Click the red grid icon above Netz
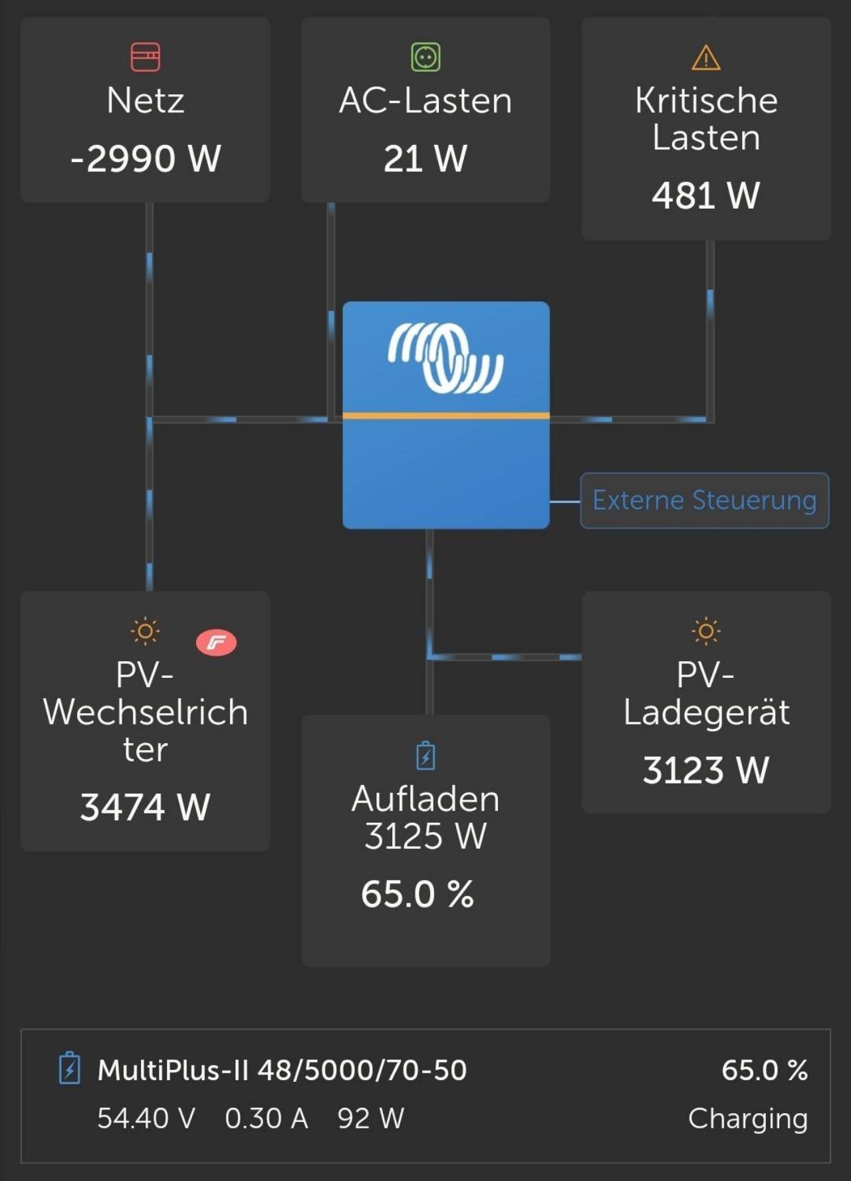[x=146, y=57]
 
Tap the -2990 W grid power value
[x=146, y=159]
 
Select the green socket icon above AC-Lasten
[x=425, y=57]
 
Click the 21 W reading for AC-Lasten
[x=425, y=159]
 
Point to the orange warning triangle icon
[x=706, y=58]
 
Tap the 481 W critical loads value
[x=706, y=195]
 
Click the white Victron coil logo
[x=446, y=358]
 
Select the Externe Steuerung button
[x=705, y=500]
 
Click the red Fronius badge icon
[x=216, y=642]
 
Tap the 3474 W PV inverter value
[x=146, y=807]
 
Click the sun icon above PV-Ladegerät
[x=706, y=631]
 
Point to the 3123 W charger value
[x=706, y=770]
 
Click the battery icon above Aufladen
[x=425, y=756]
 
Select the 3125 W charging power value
[x=425, y=836]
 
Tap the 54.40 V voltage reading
[x=146, y=1119]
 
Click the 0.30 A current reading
[x=267, y=1119]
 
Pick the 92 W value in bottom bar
[x=371, y=1119]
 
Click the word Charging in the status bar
[x=748, y=1119]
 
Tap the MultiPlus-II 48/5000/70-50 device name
[x=282, y=1071]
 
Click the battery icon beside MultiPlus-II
[x=70, y=1068]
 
